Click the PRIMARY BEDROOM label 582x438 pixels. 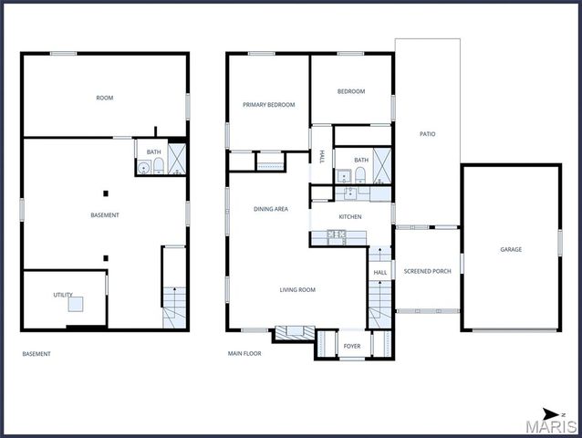pyautogui.click(x=268, y=105)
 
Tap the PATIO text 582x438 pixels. pyautogui.click(x=427, y=134)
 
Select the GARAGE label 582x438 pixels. pyautogui.click(x=511, y=249)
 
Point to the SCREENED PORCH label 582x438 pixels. pyautogui.click(x=427, y=271)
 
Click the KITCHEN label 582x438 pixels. pyautogui.click(x=351, y=216)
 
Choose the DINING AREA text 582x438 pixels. pyautogui.click(x=271, y=209)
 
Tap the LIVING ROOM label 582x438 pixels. pyautogui.click(x=297, y=290)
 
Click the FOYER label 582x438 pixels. pyautogui.click(x=351, y=347)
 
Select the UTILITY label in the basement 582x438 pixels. pyautogui.click(x=63, y=295)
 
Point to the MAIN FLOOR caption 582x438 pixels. pyautogui.click(x=244, y=354)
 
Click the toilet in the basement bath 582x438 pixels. pyautogui.click(x=158, y=167)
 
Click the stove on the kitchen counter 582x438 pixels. pyautogui.click(x=336, y=235)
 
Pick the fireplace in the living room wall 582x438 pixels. pyautogui.click(x=294, y=332)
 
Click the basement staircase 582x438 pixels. pyautogui.click(x=173, y=301)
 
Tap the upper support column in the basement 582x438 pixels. pyautogui.click(x=106, y=193)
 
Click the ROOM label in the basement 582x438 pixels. pyautogui.click(x=104, y=98)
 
